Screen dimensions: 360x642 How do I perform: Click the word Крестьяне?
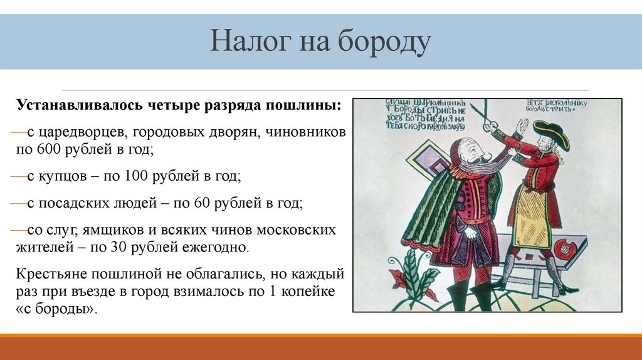click(x=52, y=275)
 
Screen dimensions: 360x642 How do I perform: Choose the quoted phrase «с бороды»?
click(x=57, y=310)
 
